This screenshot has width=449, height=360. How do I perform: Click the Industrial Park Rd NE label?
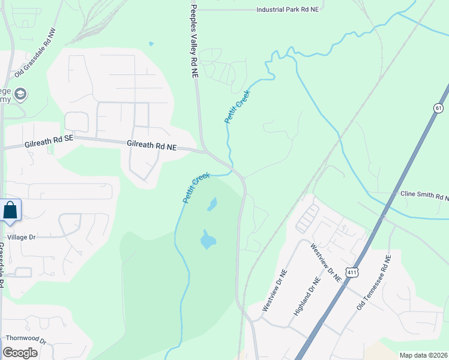(288, 10)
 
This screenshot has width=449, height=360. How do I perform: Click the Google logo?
(20, 352)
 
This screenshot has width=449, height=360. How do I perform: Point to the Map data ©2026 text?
(423, 355)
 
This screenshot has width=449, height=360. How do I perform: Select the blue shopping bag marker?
(10, 211)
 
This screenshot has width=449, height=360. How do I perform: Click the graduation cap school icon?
(20, 94)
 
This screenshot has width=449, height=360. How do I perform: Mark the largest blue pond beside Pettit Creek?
(206, 240)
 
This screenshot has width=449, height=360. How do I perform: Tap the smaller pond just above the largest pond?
(212, 205)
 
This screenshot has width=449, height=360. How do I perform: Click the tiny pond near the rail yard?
(151, 43)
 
